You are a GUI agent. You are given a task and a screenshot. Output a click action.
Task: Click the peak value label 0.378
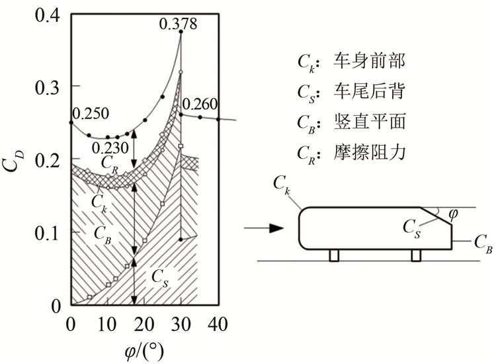(x=180, y=24)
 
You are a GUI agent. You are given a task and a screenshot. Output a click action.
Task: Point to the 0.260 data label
(x=200, y=104)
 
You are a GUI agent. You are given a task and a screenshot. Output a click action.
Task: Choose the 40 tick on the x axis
(x=218, y=324)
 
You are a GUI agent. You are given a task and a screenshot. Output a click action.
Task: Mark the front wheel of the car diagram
(x=334, y=255)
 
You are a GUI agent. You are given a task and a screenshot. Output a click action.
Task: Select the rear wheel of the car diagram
(x=417, y=255)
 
